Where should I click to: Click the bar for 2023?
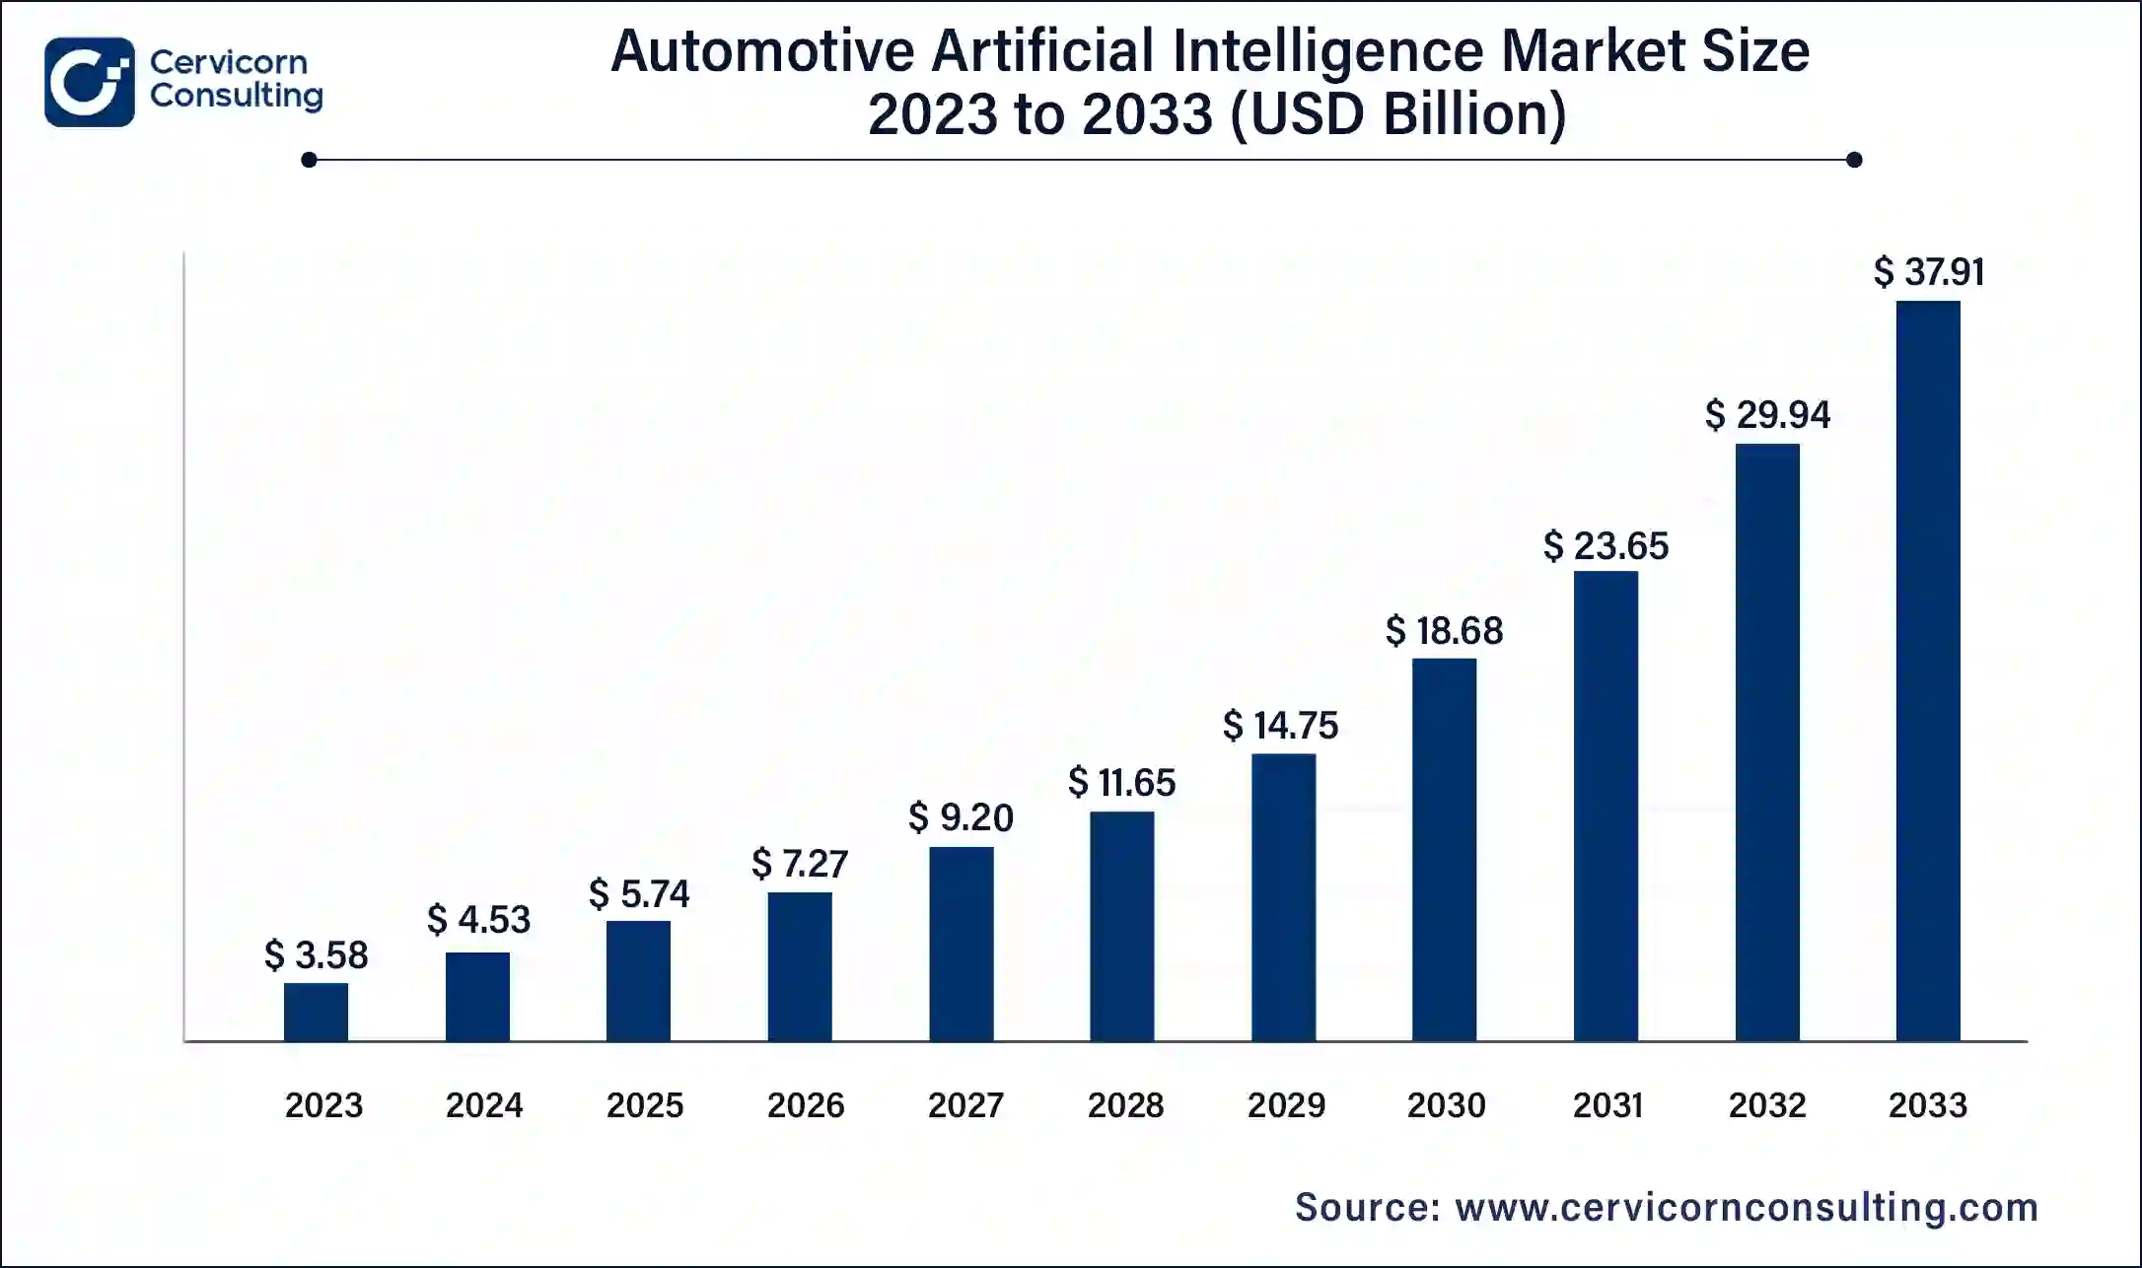(316, 1012)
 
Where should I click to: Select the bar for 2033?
(1928, 670)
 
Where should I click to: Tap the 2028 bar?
(1122, 926)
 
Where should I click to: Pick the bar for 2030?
(1444, 849)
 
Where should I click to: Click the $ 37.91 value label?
(1929, 271)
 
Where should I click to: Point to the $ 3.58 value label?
(317, 954)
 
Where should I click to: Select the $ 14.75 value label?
(1281, 726)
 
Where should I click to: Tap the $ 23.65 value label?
(1606, 546)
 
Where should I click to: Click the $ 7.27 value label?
(800, 864)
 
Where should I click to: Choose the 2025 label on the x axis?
(645, 1105)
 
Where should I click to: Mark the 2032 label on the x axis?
(1767, 1105)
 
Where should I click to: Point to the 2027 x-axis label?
(965, 1105)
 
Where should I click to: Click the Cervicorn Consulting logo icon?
(89, 82)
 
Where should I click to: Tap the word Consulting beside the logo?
(237, 96)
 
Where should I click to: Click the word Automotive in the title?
(762, 51)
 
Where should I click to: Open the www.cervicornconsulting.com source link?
(1747, 1207)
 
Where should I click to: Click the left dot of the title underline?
(309, 160)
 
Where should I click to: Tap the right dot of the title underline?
(1854, 160)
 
